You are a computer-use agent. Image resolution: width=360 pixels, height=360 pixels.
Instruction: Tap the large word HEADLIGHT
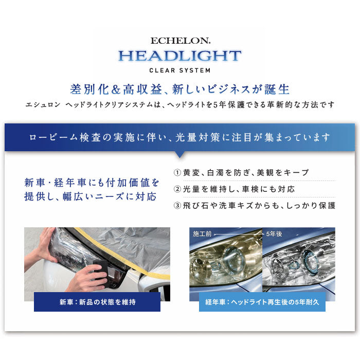[x=179, y=56]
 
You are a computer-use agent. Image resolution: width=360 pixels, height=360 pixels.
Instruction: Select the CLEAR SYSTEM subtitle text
[x=179, y=70]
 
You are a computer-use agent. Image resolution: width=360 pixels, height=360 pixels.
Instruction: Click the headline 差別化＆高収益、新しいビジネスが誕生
[x=179, y=89]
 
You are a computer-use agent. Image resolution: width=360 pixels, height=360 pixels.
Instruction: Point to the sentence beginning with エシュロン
[x=179, y=105]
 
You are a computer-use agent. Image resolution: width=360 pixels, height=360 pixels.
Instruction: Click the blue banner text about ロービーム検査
[x=179, y=137]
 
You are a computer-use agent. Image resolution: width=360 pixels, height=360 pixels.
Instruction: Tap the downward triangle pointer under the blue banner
[x=179, y=154]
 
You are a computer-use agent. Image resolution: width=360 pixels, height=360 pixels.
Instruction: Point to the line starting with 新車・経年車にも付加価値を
[x=92, y=183]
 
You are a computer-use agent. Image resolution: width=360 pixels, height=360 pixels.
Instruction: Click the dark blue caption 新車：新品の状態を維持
[x=97, y=302]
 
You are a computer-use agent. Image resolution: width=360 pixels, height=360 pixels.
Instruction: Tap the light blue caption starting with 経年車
[x=262, y=302]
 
